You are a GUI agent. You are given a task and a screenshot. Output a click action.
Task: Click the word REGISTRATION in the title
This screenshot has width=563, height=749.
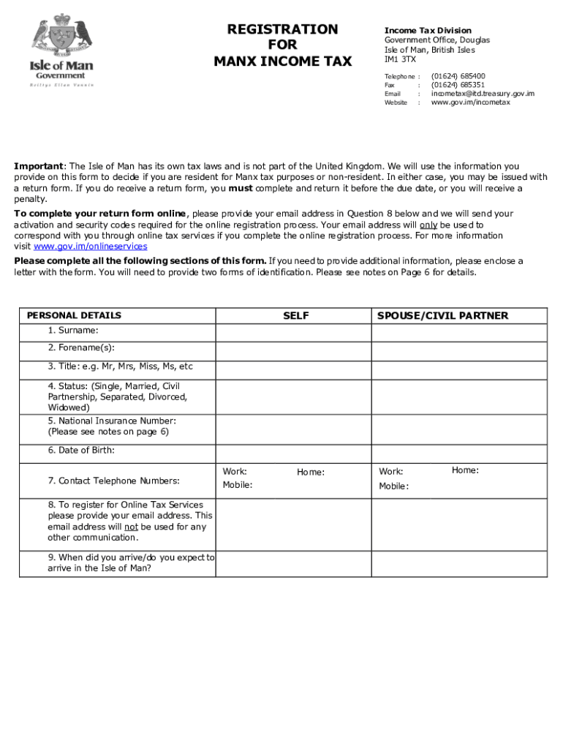click(282, 29)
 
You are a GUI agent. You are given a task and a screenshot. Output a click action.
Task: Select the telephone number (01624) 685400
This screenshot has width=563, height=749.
click(458, 76)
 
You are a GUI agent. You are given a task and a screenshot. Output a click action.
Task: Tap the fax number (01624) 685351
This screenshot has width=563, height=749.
click(458, 85)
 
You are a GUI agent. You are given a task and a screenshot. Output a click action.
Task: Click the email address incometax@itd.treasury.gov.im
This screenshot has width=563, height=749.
click(483, 94)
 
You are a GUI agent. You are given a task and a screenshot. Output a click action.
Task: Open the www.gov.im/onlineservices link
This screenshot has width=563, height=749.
click(91, 246)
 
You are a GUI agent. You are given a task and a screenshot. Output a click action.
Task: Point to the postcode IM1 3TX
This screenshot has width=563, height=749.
click(400, 59)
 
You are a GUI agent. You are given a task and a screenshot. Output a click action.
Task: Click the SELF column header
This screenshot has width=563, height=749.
click(295, 316)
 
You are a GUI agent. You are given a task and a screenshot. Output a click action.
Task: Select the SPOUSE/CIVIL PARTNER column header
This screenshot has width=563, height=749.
click(442, 316)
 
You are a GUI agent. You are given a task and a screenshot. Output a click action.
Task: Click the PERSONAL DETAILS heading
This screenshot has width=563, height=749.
click(74, 316)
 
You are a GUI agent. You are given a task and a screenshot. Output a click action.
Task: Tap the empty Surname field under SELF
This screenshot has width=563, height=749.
click(293, 334)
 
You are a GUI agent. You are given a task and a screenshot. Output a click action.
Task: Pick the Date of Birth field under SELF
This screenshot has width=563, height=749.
click(293, 453)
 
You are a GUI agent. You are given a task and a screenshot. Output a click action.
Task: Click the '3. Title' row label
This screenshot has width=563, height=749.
click(120, 366)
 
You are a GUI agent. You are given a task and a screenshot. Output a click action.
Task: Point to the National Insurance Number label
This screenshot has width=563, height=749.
click(112, 421)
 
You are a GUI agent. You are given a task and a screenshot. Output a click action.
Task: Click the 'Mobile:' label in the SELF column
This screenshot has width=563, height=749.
click(238, 485)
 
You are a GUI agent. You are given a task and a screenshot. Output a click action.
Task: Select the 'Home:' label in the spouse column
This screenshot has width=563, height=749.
click(465, 470)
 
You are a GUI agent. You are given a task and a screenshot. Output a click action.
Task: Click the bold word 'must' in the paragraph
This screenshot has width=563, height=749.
click(241, 188)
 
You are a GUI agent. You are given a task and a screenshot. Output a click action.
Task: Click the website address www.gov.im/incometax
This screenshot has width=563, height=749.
click(470, 102)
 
